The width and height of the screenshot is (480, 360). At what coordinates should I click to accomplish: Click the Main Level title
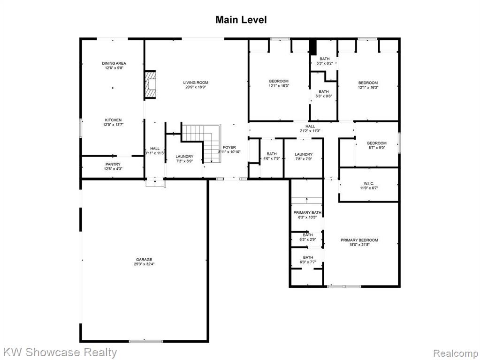point(241,20)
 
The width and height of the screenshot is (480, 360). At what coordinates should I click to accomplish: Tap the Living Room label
point(196,82)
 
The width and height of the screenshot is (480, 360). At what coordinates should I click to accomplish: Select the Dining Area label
point(114,63)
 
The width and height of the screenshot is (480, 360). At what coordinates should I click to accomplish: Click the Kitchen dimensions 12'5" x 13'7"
point(113,125)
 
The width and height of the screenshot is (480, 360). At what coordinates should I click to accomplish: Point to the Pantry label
point(113,164)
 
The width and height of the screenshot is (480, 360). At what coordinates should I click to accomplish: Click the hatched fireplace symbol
point(150,84)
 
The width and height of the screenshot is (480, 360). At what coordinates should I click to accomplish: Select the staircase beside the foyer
point(201,142)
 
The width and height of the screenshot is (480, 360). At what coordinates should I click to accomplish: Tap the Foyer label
point(229,148)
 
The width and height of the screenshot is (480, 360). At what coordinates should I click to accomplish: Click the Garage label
point(144,260)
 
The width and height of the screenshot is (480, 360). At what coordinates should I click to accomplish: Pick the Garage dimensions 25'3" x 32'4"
point(144,264)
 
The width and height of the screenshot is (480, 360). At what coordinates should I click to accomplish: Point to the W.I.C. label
point(369,184)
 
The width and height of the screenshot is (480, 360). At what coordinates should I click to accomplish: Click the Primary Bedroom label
point(359,240)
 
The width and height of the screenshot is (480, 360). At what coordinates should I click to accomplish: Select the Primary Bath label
point(307,212)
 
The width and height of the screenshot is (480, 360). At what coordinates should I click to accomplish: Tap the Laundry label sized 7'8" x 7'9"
point(304,155)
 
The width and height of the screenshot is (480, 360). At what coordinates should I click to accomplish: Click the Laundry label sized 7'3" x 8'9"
point(184,157)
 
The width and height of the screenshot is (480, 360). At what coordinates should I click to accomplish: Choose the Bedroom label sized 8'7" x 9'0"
point(376,143)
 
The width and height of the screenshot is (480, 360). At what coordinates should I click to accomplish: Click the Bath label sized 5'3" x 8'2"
point(325,59)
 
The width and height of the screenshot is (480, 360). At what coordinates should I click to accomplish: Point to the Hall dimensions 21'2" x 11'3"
point(310,131)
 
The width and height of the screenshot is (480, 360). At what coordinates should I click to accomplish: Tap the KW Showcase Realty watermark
point(60,352)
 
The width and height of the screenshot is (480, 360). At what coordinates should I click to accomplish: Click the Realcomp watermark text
point(456,353)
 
